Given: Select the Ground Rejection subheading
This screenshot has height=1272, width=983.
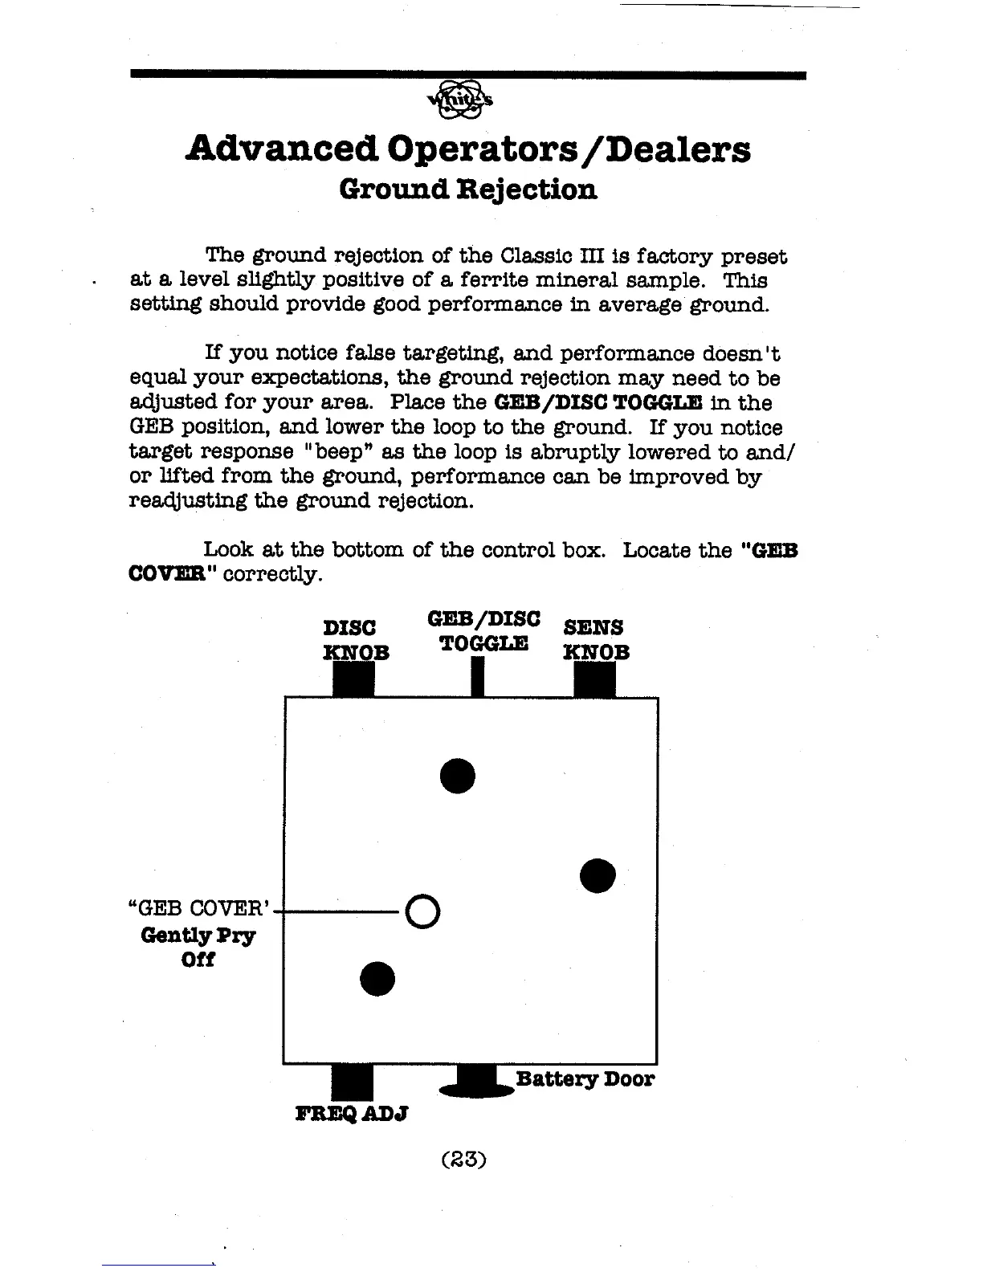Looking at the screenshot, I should [468, 190].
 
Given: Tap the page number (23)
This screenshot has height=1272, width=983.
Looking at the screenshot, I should [465, 1159].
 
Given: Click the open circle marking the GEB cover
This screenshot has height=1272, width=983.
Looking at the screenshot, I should [423, 911].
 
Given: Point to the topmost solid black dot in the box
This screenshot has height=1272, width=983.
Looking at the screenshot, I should [458, 775].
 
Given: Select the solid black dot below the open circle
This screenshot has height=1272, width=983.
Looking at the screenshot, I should [377, 977].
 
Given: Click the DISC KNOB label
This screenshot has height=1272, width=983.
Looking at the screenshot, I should [356, 639].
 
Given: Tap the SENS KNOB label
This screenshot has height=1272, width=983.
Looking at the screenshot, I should [596, 639].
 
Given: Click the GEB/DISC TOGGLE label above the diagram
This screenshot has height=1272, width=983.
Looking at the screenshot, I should [484, 631].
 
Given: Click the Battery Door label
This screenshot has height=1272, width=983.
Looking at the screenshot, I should [585, 1078].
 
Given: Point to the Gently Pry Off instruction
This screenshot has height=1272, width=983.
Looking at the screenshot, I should [198, 948].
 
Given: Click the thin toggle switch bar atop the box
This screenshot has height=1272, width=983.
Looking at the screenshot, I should [477, 677].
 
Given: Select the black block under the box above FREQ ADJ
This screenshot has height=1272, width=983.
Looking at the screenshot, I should [352, 1081].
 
